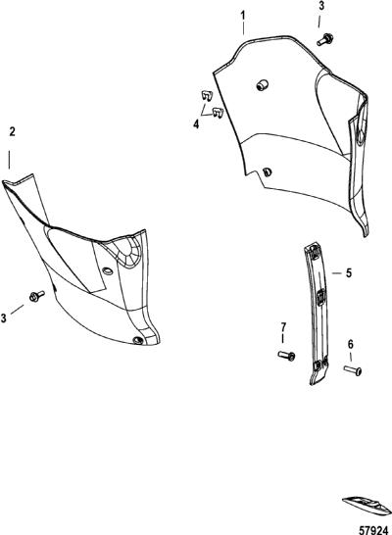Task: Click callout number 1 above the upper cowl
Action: pos(243,16)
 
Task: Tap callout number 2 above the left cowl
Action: pos(13,131)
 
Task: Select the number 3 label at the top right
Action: pos(321,7)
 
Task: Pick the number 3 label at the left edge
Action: pos(4,318)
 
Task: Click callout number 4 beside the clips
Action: pos(196,124)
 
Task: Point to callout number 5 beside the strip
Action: pos(348,273)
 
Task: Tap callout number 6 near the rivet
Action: pos(351,344)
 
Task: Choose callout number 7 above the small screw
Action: pos(283,327)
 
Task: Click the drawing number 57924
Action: pos(374,530)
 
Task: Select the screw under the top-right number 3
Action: pos(325,39)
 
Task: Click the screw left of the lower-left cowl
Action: pos(37,296)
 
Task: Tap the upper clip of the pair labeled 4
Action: pos(207,95)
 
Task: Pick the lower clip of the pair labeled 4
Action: pos(218,113)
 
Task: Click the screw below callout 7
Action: pos(286,356)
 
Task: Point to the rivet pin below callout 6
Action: pos(353,370)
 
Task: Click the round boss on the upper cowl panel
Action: pos(262,85)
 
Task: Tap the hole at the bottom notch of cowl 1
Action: pos(268,172)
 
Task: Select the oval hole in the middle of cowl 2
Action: pos(107,270)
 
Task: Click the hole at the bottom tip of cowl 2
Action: pos(138,340)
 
